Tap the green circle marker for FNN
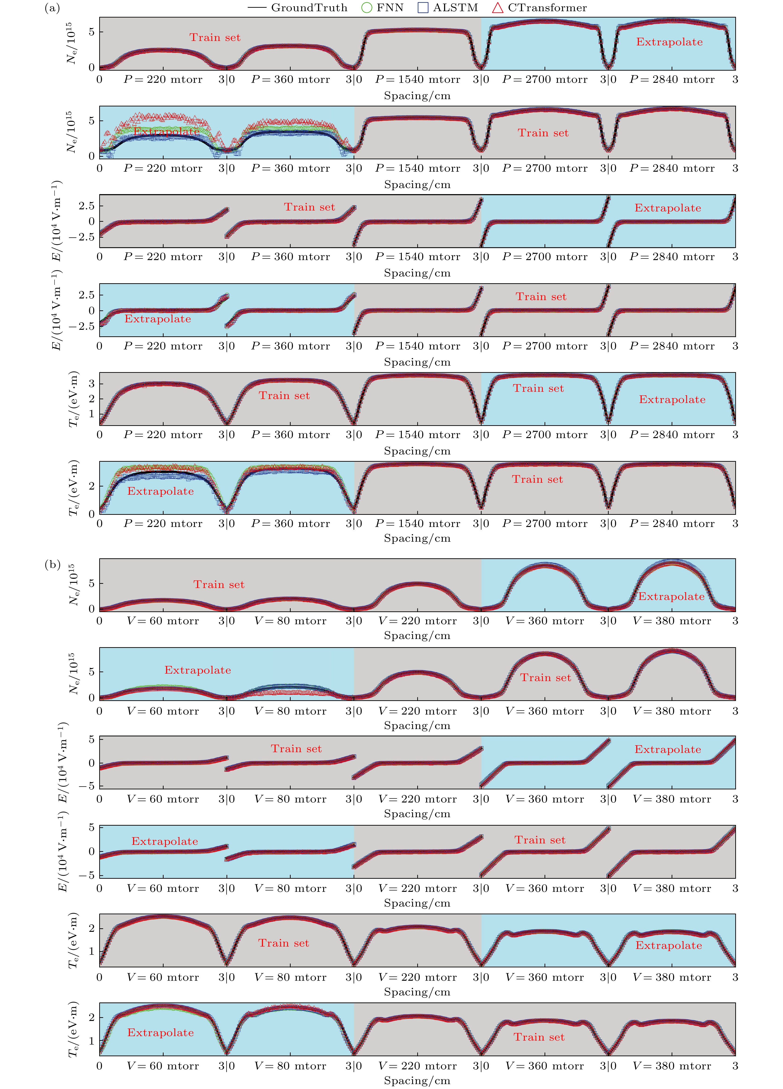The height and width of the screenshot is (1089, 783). coord(366,8)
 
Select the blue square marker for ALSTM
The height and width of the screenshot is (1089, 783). coord(423,8)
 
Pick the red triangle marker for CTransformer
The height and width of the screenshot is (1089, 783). coord(498,8)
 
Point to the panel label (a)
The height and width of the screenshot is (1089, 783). coord(52,8)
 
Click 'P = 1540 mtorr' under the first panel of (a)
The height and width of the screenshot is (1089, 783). coord(417,79)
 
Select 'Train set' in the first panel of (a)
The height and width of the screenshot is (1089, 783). coord(215,37)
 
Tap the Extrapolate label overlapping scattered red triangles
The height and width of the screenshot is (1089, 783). coord(166,131)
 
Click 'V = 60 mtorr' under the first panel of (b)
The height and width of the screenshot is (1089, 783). coord(163,621)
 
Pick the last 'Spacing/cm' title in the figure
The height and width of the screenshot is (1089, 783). coord(417,1081)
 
